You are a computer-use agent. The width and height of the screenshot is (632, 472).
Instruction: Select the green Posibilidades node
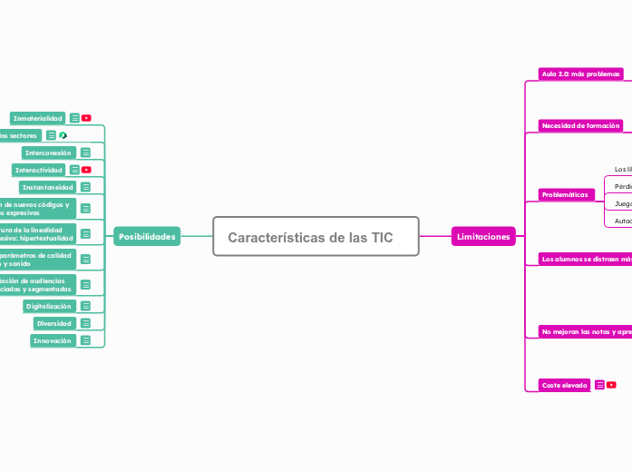pos(147,237)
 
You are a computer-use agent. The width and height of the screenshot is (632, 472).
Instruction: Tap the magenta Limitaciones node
pos(483,237)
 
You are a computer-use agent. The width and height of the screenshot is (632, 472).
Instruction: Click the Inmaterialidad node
pos(37,118)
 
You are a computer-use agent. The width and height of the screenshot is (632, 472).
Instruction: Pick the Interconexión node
pos(47,152)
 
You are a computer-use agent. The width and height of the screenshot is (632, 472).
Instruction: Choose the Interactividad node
pos(39,170)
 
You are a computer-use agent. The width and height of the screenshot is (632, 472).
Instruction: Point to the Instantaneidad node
pos(47,187)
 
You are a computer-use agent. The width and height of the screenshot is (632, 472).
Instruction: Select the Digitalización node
pos(49,307)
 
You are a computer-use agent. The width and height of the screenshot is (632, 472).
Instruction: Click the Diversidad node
pos(53,323)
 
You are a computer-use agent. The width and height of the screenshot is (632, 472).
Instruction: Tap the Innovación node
pos(52,340)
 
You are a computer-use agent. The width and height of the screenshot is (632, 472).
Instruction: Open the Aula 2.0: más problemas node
pos(580,74)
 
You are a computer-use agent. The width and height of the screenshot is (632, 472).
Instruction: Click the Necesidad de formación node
pos(580,125)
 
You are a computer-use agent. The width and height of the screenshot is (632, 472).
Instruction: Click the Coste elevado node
pos(564,385)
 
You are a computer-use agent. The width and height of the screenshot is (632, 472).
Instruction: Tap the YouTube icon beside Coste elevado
pos(612,385)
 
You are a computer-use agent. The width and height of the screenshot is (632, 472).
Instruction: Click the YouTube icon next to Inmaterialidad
pos(86,118)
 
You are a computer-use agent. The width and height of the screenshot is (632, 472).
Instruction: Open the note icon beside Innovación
pos(85,340)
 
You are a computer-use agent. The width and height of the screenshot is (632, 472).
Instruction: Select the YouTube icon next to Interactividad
pos(86,170)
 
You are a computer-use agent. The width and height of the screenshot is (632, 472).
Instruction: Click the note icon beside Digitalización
pos(85,307)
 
